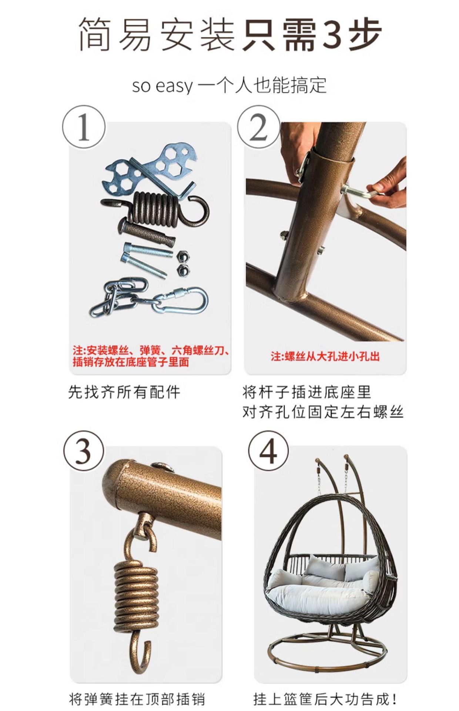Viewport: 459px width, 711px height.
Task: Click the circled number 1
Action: pos(84,127)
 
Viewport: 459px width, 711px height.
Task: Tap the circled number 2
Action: pos(258,127)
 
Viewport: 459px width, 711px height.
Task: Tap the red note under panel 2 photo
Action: pos(325,356)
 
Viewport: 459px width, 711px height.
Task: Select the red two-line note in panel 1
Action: pos(150,356)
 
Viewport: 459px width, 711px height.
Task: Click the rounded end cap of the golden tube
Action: pos(113,483)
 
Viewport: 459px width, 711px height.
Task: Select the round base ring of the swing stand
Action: pos(326,657)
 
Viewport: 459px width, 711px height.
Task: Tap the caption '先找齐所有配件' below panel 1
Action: pos(124,392)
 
